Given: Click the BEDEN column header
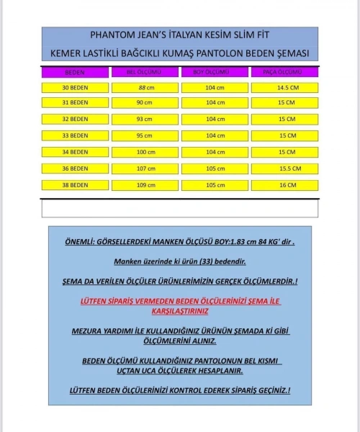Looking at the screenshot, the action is [75, 73].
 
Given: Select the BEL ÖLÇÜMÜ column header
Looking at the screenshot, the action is [144, 73].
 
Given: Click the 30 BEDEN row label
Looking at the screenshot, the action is [75, 87].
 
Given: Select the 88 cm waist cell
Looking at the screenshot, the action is [144, 87].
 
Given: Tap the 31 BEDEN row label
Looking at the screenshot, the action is [75, 103].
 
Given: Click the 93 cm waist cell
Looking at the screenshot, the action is [144, 119].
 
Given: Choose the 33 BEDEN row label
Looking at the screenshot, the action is [75, 135].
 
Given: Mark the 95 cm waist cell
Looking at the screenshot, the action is [144, 135].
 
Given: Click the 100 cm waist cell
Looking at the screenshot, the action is [144, 152].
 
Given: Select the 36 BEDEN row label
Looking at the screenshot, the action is [75, 168].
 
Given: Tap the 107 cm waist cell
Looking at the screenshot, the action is [144, 168].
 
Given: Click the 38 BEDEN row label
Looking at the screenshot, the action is [75, 185].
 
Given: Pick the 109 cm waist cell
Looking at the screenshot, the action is [144, 185].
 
